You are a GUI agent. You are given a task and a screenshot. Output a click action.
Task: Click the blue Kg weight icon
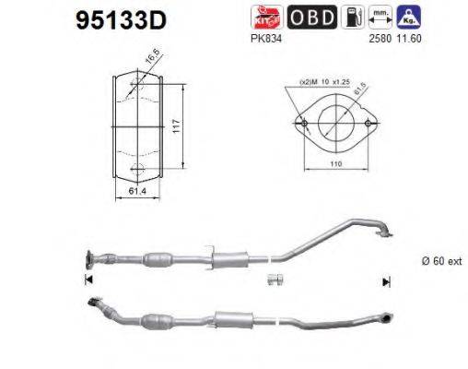click(414, 16)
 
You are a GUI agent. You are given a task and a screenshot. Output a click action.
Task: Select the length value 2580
click(380, 39)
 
